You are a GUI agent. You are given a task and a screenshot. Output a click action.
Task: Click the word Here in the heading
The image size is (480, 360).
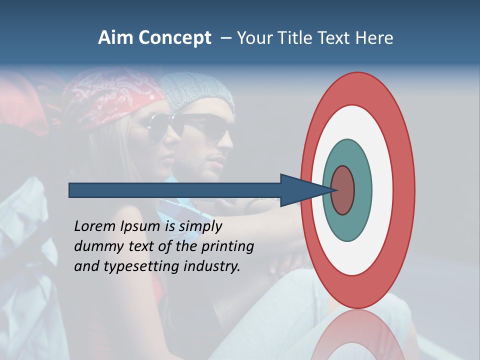pyautogui.click(x=375, y=38)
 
